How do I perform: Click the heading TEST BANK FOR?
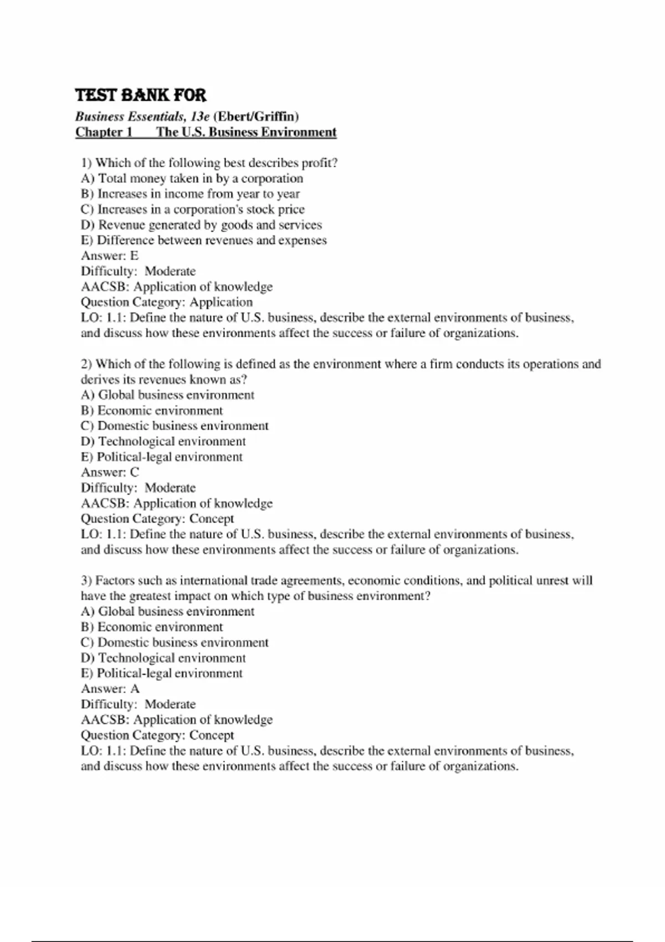(140, 95)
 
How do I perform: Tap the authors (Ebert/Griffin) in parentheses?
(256, 116)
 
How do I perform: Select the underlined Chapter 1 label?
(104, 132)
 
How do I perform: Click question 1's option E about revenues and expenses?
(203, 240)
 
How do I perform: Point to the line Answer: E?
(110, 255)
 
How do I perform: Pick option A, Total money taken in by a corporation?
(192, 178)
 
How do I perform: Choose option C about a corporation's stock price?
(192, 209)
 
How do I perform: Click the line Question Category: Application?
(166, 302)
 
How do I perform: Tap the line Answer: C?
(110, 472)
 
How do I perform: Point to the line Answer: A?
(110, 689)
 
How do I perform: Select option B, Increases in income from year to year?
(190, 194)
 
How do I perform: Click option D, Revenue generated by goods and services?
(201, 225)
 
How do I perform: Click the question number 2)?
(86, 364)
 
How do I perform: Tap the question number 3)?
(86, 581)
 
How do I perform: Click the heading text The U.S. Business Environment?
(246, 132)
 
